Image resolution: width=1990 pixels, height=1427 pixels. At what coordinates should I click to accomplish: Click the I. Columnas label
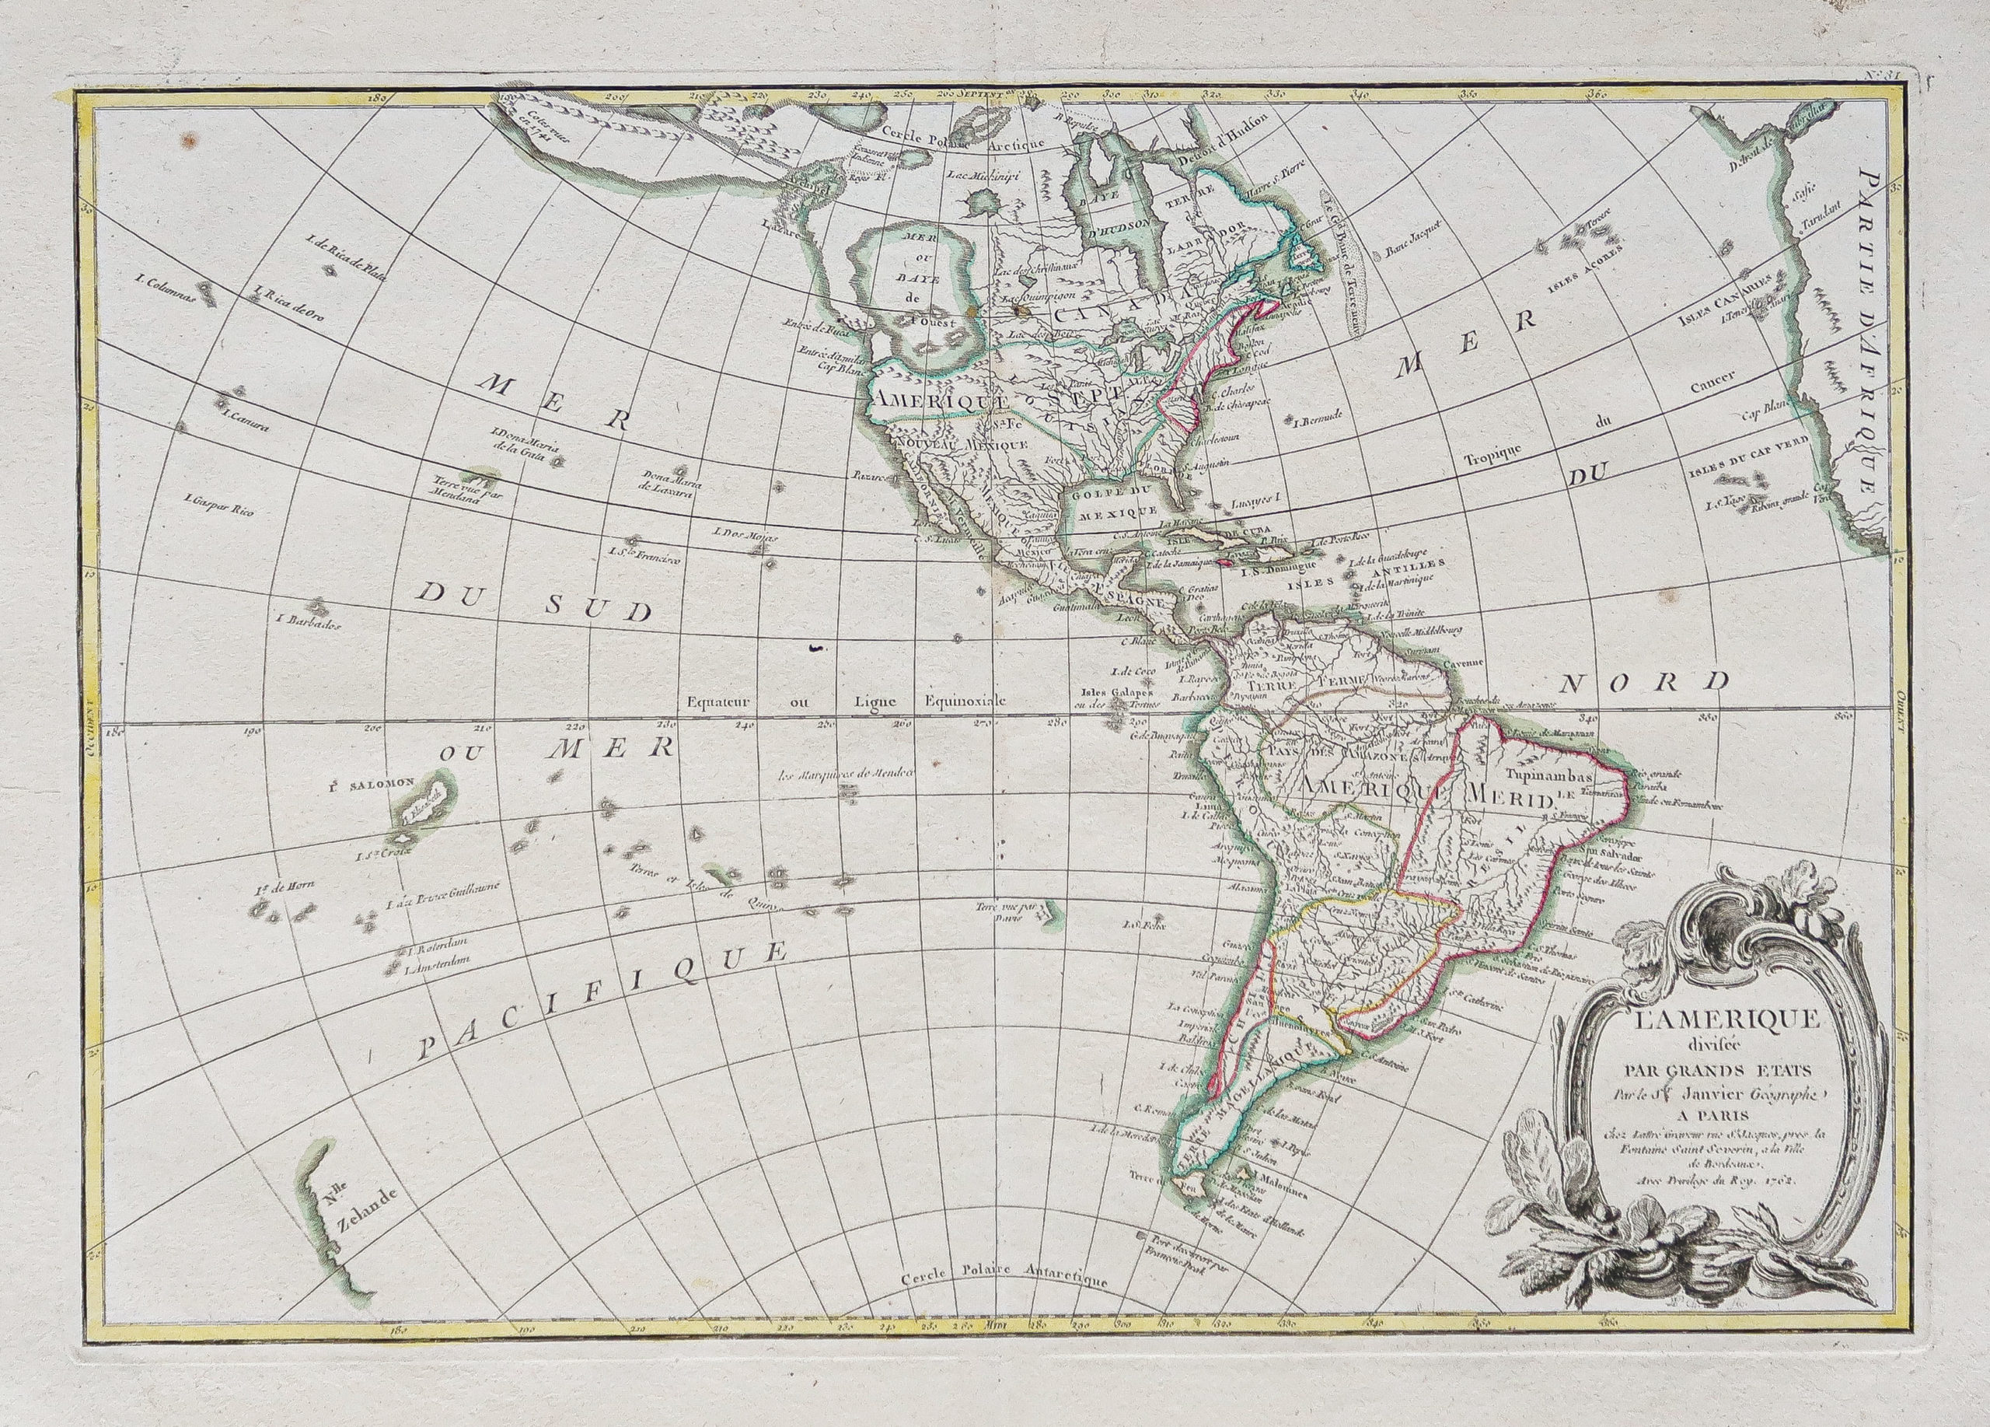(x=164, y=287)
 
